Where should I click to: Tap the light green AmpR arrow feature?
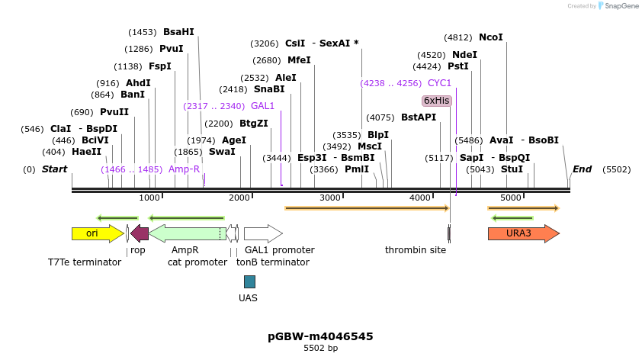click(x=187, y=233)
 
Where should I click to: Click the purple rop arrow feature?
click(x=140, y=233)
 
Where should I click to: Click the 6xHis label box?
click(x=437, y=101)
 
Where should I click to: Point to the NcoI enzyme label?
click(x=491, y=37)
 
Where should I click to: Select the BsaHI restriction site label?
click(x=178, y=32)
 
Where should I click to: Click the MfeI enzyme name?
click(x=299, y=60)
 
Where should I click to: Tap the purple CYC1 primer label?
click(x=439, y=83)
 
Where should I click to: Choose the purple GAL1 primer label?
click(x=262, y=106)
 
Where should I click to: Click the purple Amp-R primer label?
click(x=184, y=169)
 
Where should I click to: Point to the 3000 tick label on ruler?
click(x=329, y=198)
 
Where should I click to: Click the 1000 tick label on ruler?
click(x=149, y=198)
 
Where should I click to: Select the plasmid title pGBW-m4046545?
click(x=320, y=336)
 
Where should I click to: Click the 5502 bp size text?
click(x=320, y=349)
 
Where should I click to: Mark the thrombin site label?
click(x=416, y=250)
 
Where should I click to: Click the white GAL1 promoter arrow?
click(x=263, y=233)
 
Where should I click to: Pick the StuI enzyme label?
click(x=512, y=169)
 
